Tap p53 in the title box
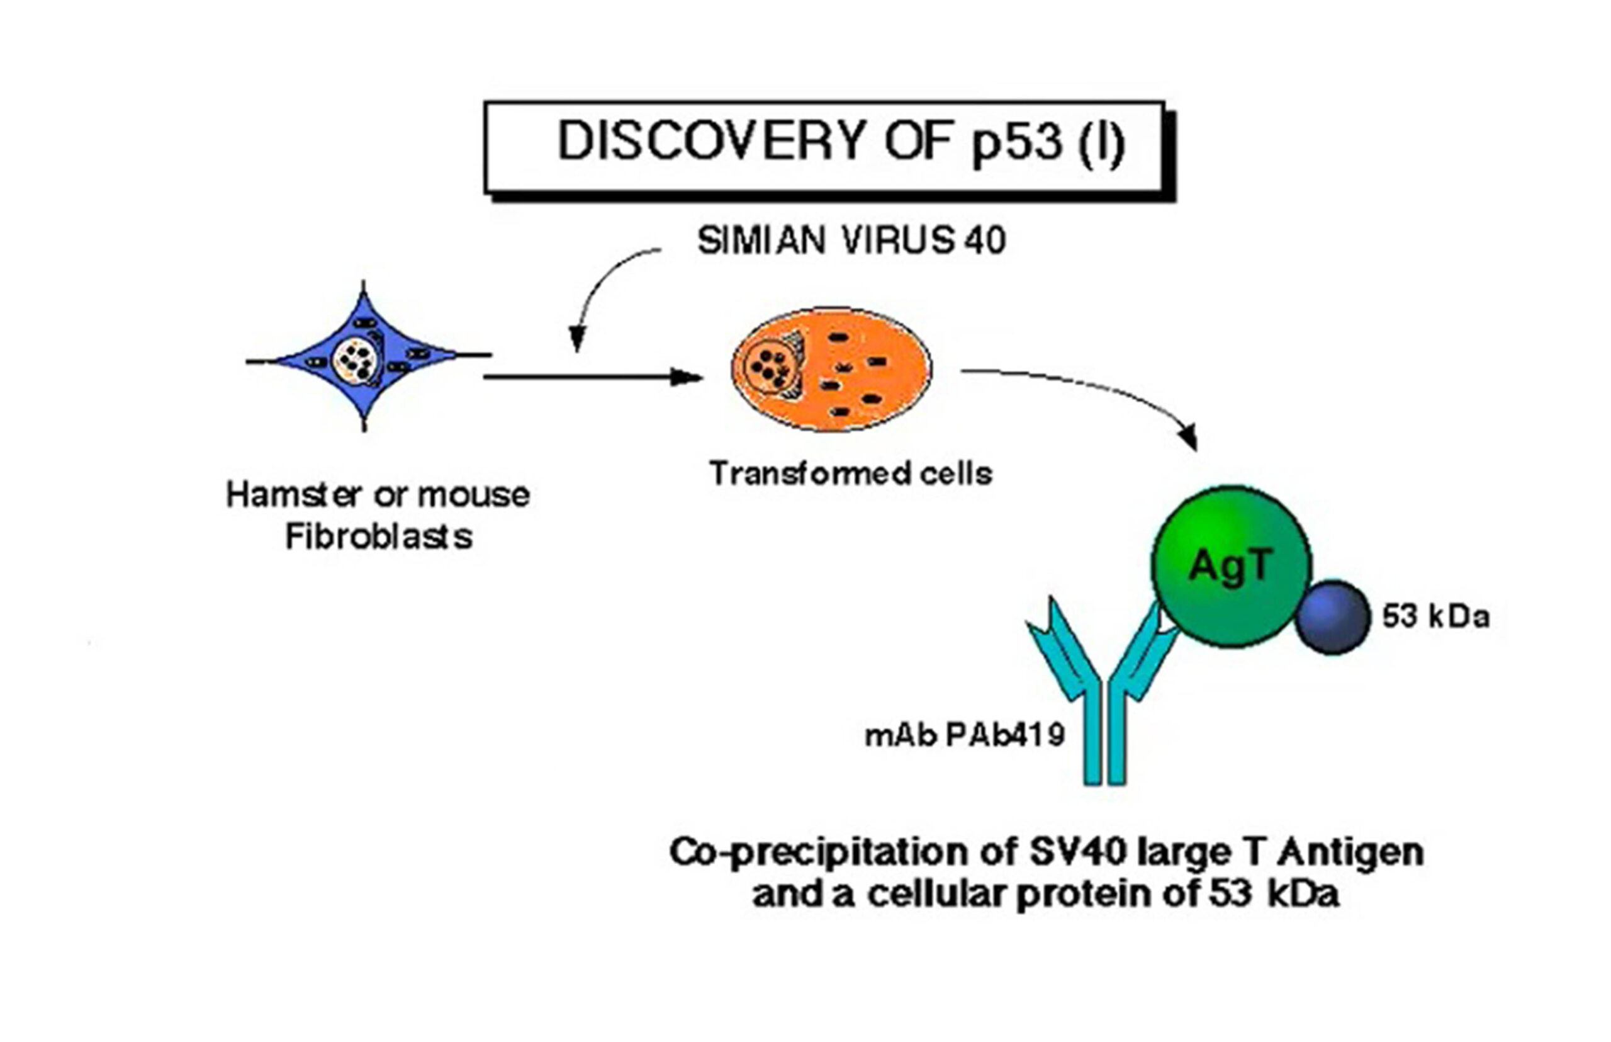pyautogui.click(x=1017, y=144)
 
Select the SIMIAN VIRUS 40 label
pyautogui.click(x=851, y=241)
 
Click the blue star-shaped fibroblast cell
pyautogui.click(x=366, y=356)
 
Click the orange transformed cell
pyautogui.click(x=831, y=370)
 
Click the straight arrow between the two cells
pyautogui.click(x=594, y=377)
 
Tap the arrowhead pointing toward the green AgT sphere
pyautogui.click(x=1188, y=436)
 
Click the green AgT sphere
pyautogui.click(x=1231, y=567)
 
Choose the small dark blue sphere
pyautogui.click(x=1333, y=617)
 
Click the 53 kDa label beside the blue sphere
pyautogui.click(x=1435, y=617)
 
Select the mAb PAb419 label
pyautogui.click(x=965, y=735)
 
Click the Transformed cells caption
pyautogui.click(x=851, y=473)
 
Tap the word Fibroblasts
pyautogui.click(x=379, y=537)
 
